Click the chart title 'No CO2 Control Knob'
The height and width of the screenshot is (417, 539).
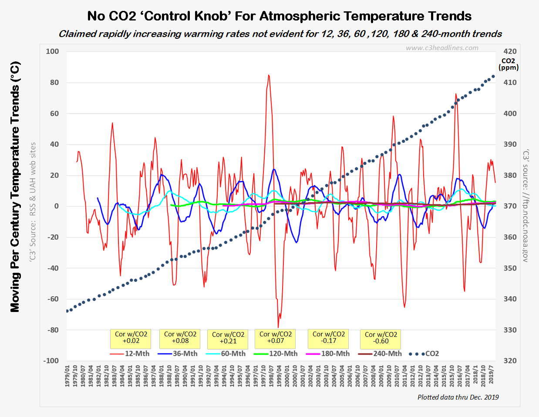coord(279,16)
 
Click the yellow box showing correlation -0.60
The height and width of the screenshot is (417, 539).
coord(381,338)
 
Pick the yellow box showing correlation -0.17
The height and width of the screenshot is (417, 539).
coord(329,338)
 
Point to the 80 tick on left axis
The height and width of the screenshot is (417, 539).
coord(54,82)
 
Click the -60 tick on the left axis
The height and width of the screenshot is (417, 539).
coord(53,299)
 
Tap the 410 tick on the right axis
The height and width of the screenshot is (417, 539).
coord(510,82)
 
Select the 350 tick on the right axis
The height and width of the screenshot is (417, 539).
coord(510,268)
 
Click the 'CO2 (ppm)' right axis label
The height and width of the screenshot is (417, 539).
coord(508,64)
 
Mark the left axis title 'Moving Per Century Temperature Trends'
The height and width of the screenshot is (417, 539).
coord(15,187)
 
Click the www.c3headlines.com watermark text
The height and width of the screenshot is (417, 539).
coord(442,48)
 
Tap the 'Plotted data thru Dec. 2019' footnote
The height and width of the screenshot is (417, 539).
coord(458,397)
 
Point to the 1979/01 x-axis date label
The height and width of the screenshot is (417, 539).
coord(67,375)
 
